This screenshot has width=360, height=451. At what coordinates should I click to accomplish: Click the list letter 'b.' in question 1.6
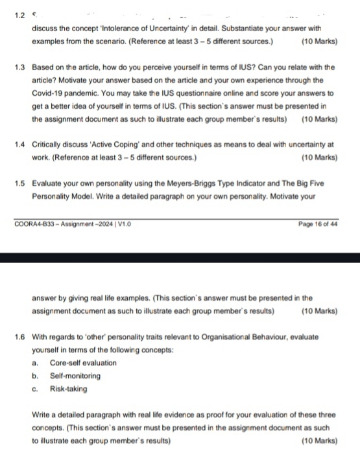tap(35, 376)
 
